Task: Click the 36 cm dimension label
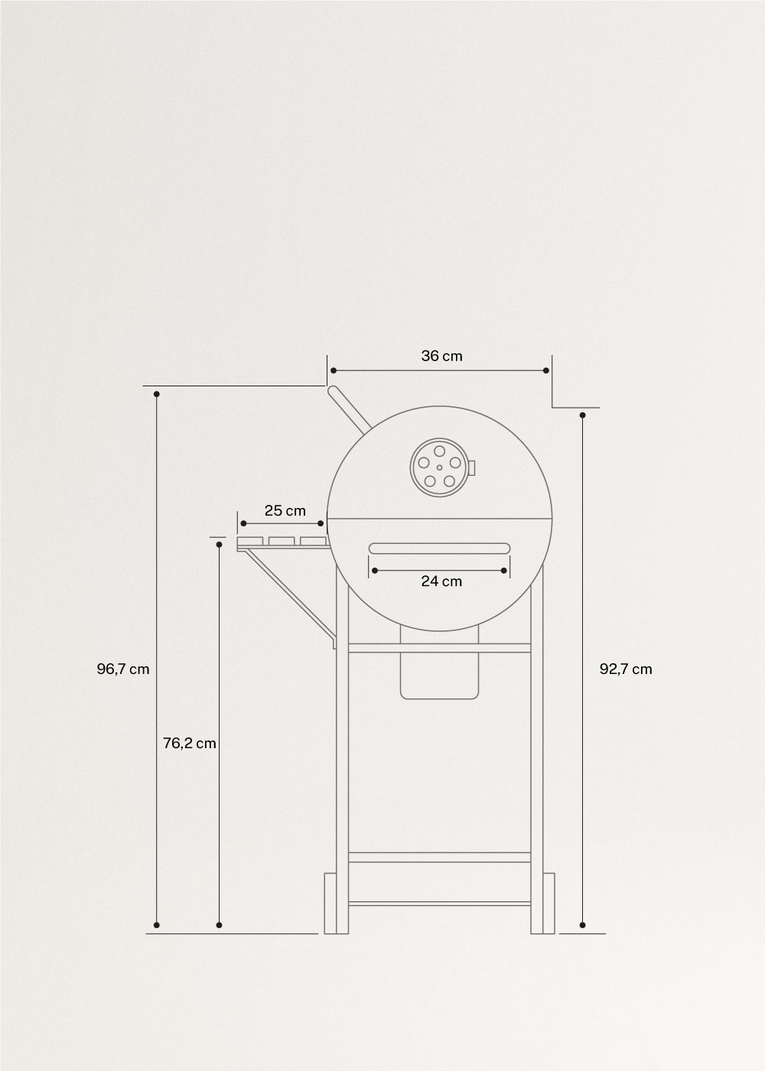[x=441, y=356]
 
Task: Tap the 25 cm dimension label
[x=285, y=510]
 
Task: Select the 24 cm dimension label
[x=441, y=581]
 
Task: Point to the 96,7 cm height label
[x=122, y=669]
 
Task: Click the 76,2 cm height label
[x=190, y=743]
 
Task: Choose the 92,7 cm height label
[x=626, y=669]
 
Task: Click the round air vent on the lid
[x=439, y=466]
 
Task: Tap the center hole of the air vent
[x=439, y=467]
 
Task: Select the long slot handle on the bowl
[x=439, y=548]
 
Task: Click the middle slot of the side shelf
[x=283, y=542]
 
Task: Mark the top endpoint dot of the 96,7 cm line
[x=157, y=394]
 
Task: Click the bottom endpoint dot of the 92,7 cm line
[x=583, y=925]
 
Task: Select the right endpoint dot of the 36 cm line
[x=545, y=371]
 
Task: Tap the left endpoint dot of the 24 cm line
[x=373, y=570]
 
